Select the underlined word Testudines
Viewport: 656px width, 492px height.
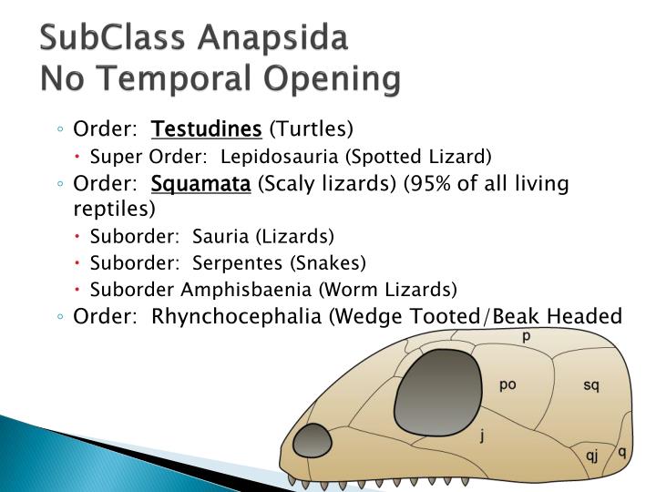207,129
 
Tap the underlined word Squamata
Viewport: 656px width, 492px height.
200,185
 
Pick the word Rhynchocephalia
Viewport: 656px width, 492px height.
239,316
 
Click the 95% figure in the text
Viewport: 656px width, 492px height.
436,185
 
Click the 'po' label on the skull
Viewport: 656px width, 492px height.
507,384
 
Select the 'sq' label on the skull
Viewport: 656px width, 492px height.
591,384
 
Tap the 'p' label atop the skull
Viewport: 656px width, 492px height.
527,337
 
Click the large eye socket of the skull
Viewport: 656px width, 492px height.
440,389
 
